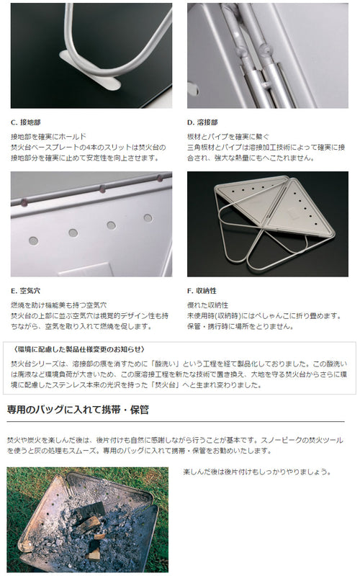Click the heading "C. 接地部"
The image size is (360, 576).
(x=26, y=122)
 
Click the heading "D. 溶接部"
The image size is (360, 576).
(x=202, y=122)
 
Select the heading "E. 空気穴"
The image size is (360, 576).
(x=25, y=291)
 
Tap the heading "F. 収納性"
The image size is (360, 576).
(x=202, y=291)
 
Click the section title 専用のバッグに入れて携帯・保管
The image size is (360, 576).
(x=78, y=410)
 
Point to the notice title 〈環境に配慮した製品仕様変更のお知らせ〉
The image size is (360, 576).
(x=78, y=349)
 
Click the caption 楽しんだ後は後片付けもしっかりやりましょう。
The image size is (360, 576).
(x=257, y=472)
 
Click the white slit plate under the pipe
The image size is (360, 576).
(x=90, y=71)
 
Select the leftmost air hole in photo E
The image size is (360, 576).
(x=33, y=240)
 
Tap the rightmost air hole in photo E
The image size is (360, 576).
(x=148, y=218)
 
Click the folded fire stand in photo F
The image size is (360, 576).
(x=274, y=222)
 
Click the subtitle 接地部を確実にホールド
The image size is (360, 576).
(x=48, y=137)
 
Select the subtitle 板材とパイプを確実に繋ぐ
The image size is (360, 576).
(x=228, y=137)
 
